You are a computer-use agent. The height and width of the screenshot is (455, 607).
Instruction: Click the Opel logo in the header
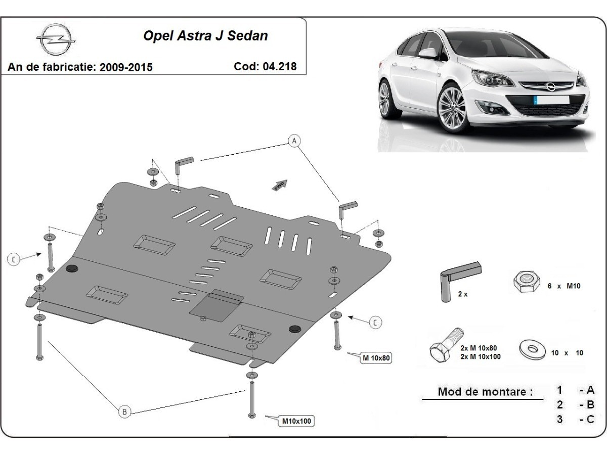[x=56, y=39]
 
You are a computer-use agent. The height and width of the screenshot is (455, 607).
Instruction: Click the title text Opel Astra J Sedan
[x=206, y=36]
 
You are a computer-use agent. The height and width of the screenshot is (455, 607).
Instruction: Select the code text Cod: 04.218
[x=266, y=66]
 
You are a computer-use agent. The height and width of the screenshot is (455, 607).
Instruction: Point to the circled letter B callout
[x=124, y=412]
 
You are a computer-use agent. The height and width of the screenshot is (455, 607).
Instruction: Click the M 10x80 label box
[x=376, y=358]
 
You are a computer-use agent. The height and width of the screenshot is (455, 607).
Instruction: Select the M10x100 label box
[x=297, y=420]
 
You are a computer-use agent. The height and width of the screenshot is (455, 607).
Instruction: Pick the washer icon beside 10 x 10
[x=531, y=350]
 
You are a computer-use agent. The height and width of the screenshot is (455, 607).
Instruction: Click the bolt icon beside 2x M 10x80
[x=445, y=345]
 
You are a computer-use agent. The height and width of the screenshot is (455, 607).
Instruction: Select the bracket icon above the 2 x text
[x=460, y=276]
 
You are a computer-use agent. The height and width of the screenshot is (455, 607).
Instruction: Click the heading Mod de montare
[x=485, y=391]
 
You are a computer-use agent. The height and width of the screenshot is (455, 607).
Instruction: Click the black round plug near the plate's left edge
[x=71, y=268]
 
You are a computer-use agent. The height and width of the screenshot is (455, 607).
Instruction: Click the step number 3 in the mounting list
[x=559, y=419]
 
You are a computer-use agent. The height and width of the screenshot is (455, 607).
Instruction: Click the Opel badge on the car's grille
[x=550, y=86]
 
